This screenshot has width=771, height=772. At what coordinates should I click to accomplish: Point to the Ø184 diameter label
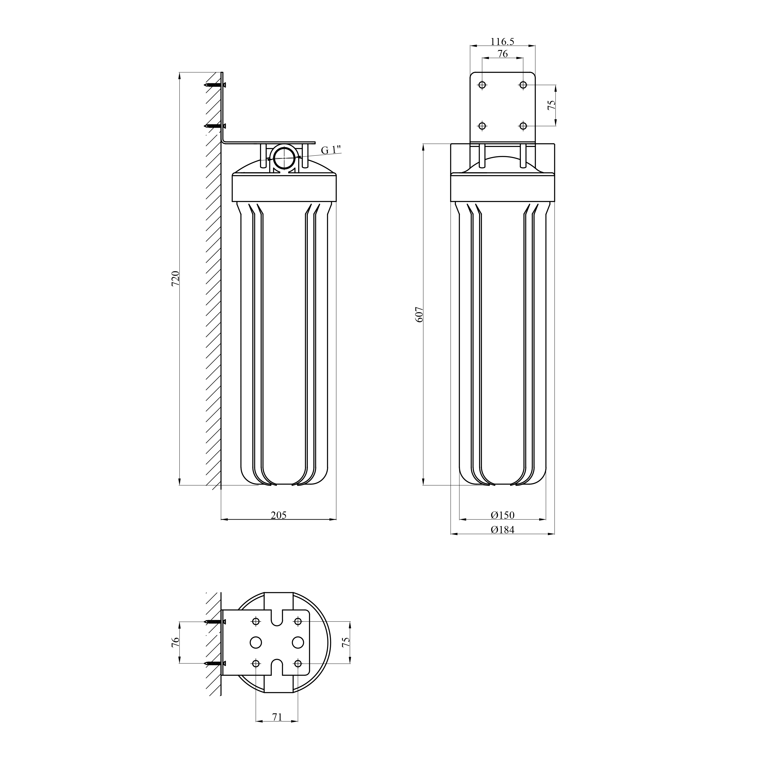coord(502,530)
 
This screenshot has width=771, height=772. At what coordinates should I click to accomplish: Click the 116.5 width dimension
coord(502,42)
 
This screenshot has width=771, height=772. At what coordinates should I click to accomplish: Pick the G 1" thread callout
coord(331,150)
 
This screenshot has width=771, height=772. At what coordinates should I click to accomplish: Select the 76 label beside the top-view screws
coord(175,642)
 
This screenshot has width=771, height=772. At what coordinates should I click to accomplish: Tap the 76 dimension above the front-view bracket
coord(502,53)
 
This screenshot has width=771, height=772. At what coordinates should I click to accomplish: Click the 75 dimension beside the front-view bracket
coord(551,105)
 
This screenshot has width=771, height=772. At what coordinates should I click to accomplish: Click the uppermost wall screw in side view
coord(215,85)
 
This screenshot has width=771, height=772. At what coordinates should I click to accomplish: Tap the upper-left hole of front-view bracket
coord(482,85)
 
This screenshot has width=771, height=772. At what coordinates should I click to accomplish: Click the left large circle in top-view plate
coord(256,642)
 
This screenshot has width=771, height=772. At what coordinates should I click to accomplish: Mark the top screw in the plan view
coord(215,622)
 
